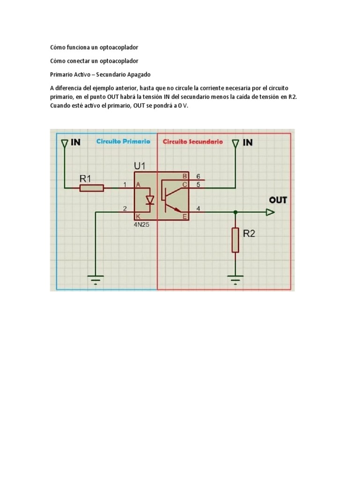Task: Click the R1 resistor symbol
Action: (x=91, y=188)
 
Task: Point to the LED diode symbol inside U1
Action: (x=150, y=200)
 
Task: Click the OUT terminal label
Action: (x=278, y=200)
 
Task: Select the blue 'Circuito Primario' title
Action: (x=123, y=141)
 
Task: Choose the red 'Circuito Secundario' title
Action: (x=193, y=141)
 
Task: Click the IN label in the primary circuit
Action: (x=75, y=142)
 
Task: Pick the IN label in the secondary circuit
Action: (x=247, y=142)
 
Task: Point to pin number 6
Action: (x=198, y=176)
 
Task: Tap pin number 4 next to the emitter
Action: (x=198, y=209)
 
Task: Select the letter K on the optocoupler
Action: (x=138, y=217)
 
